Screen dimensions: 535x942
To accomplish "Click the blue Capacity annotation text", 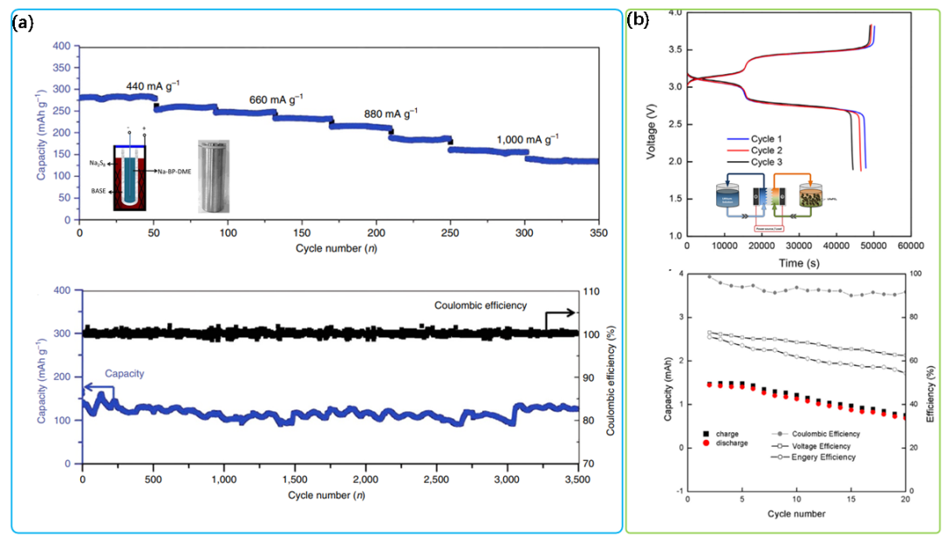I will click(124, 373).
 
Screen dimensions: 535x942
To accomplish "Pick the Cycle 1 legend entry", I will click(767, 139).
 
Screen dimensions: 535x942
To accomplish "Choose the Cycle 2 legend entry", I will click(767, 150).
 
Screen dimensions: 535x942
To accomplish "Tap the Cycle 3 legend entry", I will click(767, 162).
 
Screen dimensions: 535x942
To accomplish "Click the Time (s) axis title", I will click(802, 262).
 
